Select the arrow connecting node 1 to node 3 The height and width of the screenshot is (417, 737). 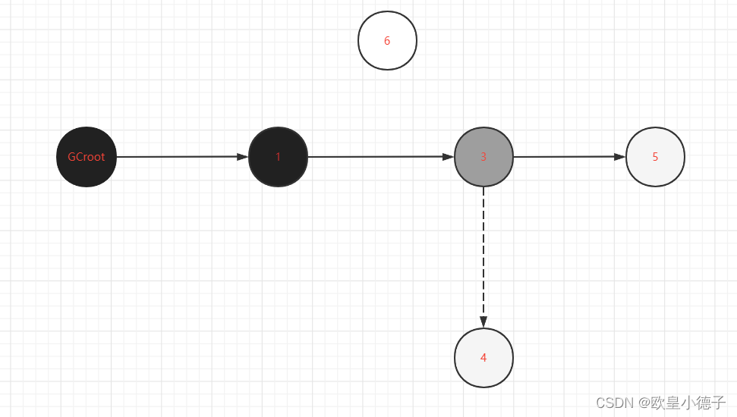[x=376, y=157]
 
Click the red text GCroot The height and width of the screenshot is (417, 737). [x=87, y=157]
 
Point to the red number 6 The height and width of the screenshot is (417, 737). [x=387, y=41]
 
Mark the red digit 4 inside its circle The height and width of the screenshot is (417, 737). [x=483, y=358]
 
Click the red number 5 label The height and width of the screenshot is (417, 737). [x=655, y=157]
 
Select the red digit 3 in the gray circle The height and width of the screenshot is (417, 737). [x=483, y=157]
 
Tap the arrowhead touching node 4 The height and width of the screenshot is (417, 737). [x=483, y=321]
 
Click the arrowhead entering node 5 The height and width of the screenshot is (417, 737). [x=619, y=157]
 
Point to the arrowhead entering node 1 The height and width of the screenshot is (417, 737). [x=242, y=157]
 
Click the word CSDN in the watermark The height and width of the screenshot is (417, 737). [x=614, y=403]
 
